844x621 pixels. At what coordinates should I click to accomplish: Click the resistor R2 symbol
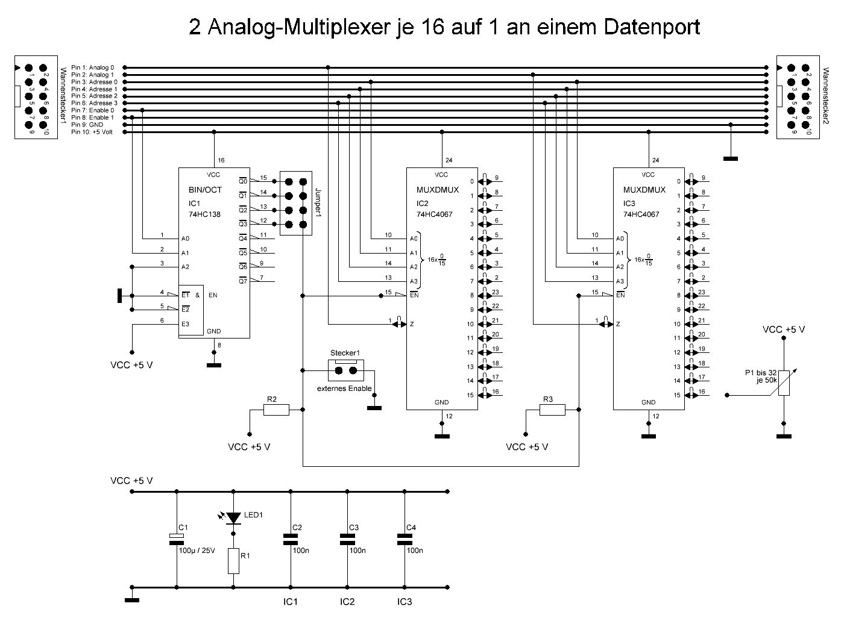(x=276, y=410)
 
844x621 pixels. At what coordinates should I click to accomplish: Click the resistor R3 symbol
(x=552, y=410)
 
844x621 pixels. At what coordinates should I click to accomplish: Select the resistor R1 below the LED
(x=234, y=561)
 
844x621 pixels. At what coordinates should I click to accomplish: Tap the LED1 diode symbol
(x=234, y=517)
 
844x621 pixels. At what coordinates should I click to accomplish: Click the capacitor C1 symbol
(x=177, y=537)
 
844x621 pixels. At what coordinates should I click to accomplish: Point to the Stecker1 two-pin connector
(x=347, y=369)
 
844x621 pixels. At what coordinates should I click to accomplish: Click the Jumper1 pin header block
(x=295, y=203)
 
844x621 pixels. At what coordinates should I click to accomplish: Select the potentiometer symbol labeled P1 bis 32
(x=784, y=383)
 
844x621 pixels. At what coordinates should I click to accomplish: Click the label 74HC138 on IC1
(x=205, y=214)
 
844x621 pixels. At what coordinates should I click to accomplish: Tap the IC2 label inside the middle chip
(x=422, y=202)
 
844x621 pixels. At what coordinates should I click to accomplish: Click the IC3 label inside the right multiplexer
(x=629, y=202)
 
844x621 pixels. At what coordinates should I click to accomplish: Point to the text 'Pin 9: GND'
(x=87, y=125)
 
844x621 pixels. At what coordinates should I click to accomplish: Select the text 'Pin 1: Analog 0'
(x=92, y=67)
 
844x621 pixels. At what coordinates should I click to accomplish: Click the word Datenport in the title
(x=652, y=27)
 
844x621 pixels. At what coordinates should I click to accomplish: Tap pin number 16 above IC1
(x=221, y=161)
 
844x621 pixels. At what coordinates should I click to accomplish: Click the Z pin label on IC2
(x=412, y=324)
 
